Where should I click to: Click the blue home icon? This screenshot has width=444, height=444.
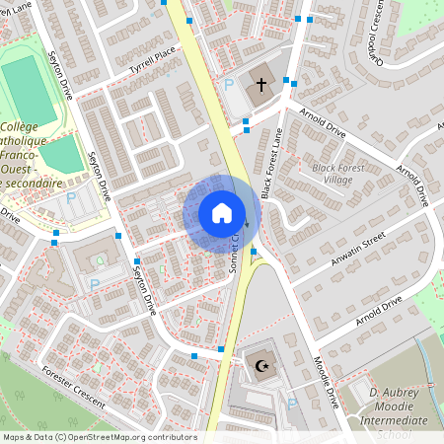[x=222, y=213]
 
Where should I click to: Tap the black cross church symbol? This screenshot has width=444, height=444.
[x=261, y=85]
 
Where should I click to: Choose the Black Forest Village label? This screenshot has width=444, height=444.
[x=332, y=175]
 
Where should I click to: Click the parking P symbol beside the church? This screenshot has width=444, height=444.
[x=229, y=86]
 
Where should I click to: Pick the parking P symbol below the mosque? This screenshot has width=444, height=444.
[x=291, y=405]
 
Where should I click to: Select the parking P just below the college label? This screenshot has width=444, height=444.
[x=70, y=198]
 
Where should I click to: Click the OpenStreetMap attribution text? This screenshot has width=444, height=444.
[x=99, y=436]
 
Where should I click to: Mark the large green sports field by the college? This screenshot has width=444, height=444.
[x=29, y=89]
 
